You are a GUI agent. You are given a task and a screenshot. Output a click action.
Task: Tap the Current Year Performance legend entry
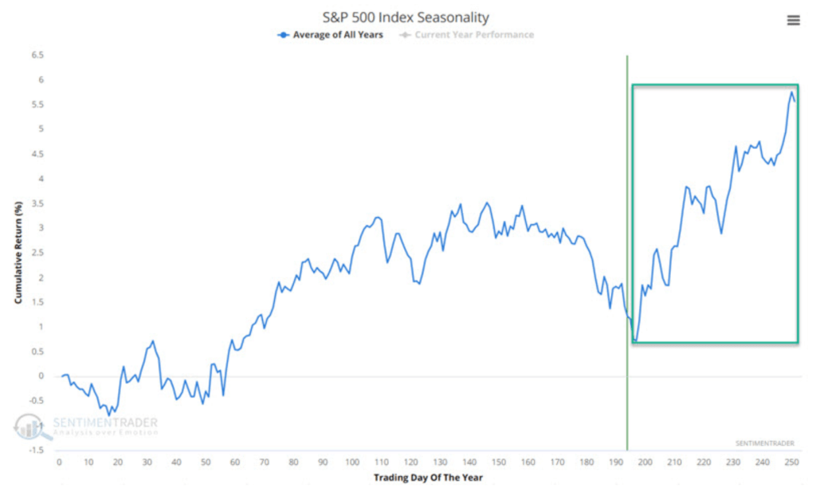click(x=473, y=35)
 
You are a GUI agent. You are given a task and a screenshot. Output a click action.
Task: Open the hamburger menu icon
click(x=793, y=21)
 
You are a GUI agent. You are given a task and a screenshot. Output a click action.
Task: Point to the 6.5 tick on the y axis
click(x=38, y=56)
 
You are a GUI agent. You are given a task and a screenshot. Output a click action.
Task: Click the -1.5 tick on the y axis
click(x=37, y=451)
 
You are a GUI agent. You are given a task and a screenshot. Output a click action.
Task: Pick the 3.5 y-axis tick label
click(x=38, y=203)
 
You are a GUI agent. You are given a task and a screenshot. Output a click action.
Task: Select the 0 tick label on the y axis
click(x=41, y=376)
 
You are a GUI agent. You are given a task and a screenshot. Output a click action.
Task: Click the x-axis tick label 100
click(x=351, y=462)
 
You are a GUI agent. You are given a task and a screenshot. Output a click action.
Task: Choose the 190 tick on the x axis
click(x=615, y=462)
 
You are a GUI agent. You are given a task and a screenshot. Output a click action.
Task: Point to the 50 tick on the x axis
click(x=205, y=462)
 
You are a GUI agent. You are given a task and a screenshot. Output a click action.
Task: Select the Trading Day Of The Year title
click(x=428, y=478)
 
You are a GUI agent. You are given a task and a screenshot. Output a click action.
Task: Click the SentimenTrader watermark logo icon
click(x=29, y=427)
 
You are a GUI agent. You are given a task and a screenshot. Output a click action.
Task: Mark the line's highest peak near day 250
click(x=791, y=92)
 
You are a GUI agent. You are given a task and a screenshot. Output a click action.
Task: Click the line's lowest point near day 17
click(x=109, y=414)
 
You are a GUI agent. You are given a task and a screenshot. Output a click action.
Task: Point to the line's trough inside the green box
click(x=635, y=341)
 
